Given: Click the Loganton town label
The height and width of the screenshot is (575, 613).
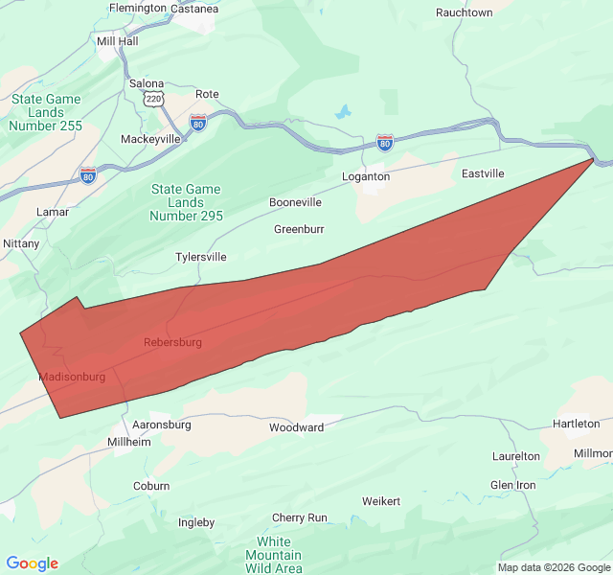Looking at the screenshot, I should tap(366, 177).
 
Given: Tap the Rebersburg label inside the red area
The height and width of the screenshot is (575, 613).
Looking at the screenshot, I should tap(172, 342).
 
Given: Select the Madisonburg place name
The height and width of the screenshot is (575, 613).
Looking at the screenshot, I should tap(73, 378).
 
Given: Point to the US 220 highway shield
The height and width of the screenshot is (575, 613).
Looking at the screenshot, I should tap(152, 100).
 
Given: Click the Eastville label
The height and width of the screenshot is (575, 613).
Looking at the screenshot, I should tap(483, 174).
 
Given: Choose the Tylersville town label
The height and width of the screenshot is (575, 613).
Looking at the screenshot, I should tap(201, 258).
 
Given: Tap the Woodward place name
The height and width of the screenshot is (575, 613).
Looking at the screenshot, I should tap(296, 427).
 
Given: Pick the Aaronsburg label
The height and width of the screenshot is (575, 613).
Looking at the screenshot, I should tap(162, 425).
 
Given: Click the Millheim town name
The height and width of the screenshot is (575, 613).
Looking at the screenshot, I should tap(129, 443).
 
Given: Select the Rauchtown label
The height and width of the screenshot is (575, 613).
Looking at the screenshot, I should tap(464, 13).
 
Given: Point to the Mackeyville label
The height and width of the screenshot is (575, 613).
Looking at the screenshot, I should tap(150, 139).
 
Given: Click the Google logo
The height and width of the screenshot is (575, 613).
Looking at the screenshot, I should tap(32, 563).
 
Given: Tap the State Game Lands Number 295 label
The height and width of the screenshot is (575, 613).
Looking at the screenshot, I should tap(186, 202).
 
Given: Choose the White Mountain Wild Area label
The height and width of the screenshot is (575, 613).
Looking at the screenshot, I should tap(273, 555).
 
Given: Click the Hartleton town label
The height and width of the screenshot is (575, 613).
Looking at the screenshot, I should tap(577, 424).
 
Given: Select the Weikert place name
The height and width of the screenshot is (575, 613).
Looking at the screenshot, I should tap(381, 501).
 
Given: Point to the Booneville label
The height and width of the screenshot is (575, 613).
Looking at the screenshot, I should tap(295, 203).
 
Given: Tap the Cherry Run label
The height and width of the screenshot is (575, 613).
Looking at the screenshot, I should tap(300, 517).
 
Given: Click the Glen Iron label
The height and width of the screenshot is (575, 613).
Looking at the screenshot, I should tap(513, 485).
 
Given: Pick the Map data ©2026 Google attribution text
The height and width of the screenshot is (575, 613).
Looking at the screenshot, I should tap(553, 566).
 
